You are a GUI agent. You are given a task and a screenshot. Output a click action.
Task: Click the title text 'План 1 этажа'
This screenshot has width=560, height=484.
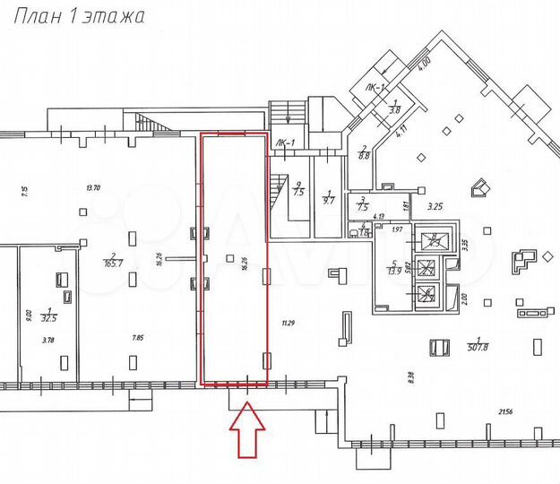pos(75,17)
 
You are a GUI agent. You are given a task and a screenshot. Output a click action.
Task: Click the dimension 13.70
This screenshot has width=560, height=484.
pos(92,187)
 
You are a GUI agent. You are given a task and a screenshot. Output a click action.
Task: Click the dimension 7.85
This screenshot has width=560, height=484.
pos(137,337)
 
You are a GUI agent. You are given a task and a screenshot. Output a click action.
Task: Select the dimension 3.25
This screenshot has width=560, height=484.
pos(435,207)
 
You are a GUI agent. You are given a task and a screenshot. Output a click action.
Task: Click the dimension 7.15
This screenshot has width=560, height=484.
pos(25,190)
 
